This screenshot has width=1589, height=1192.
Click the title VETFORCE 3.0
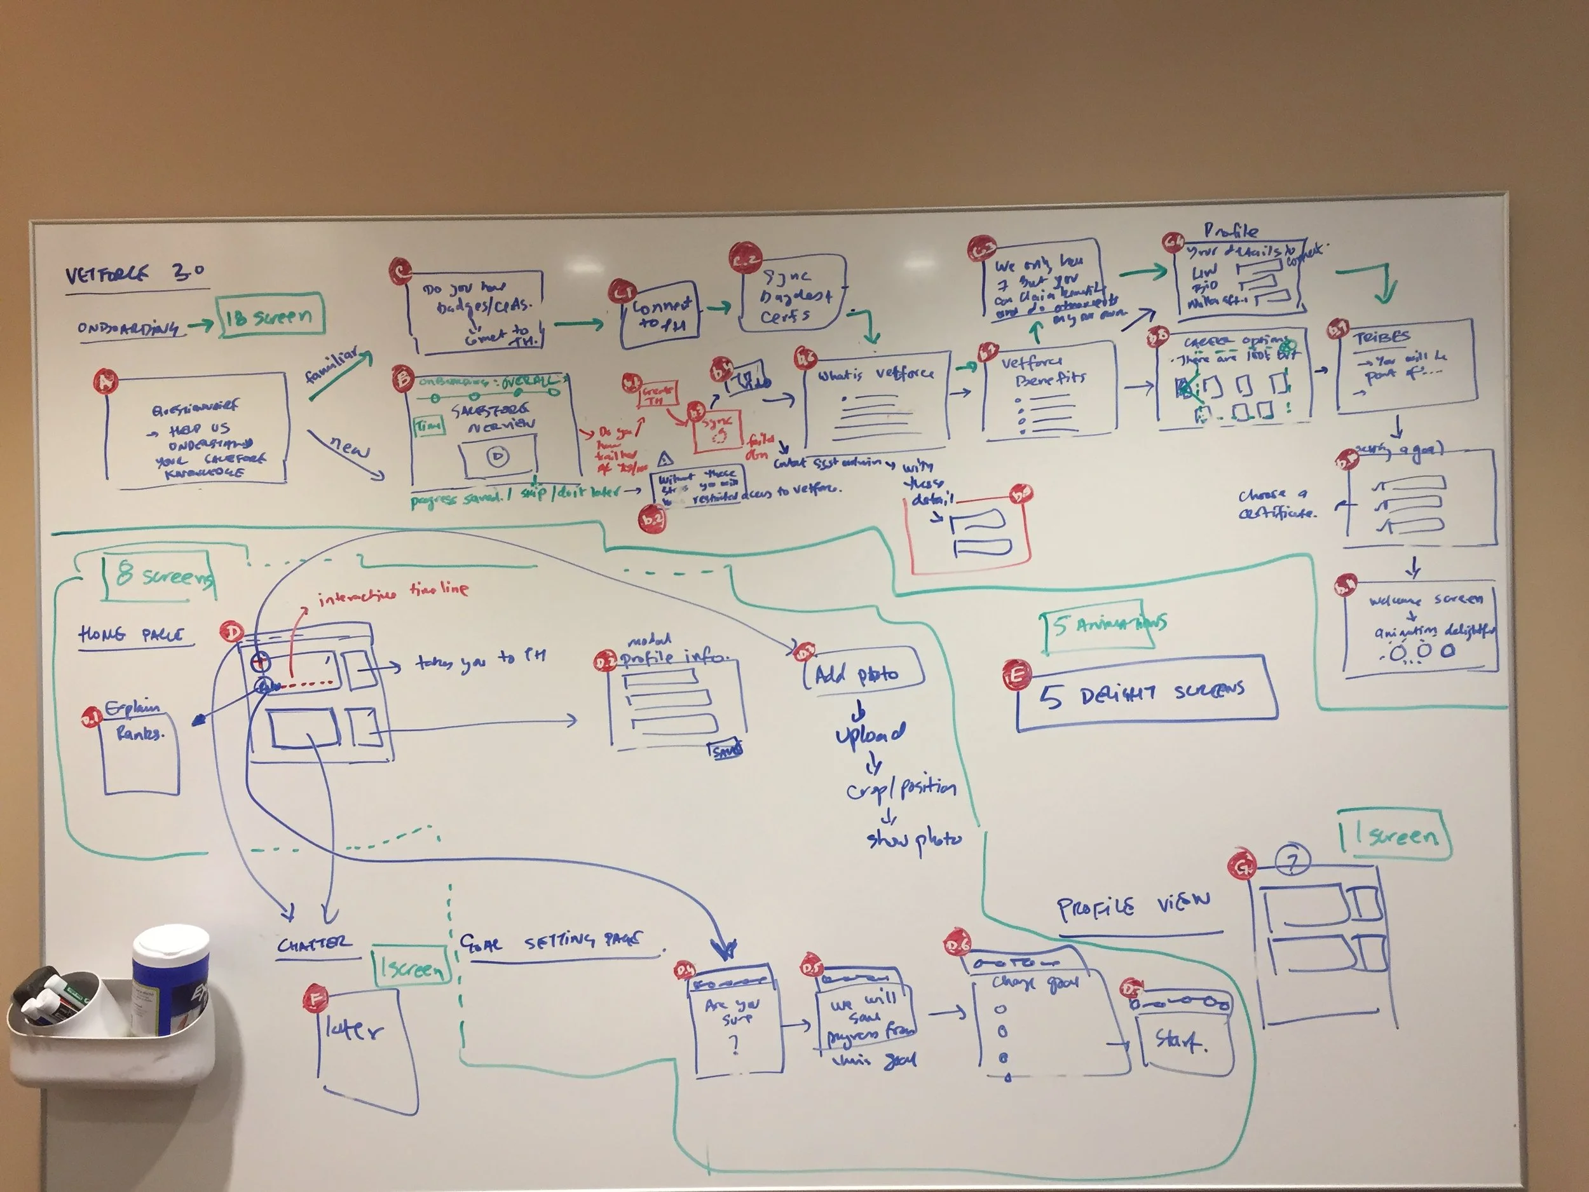tap(135, 274)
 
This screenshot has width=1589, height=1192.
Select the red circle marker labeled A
tap(106, 380)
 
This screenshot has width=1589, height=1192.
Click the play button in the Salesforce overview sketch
tap(497, 456)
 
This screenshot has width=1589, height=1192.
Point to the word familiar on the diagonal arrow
tap(331, 364)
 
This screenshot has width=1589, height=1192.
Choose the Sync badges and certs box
tap(790, 294)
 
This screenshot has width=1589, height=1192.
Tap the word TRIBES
tap(1381, 337)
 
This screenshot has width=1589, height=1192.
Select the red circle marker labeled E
tap(1017, 675)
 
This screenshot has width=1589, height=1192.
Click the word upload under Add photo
tap(870, 734)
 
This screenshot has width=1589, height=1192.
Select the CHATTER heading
tap(315, 943)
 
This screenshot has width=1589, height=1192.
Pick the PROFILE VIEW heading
tap(1133, 906)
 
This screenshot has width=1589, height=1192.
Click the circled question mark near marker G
tap(1292, 861)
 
